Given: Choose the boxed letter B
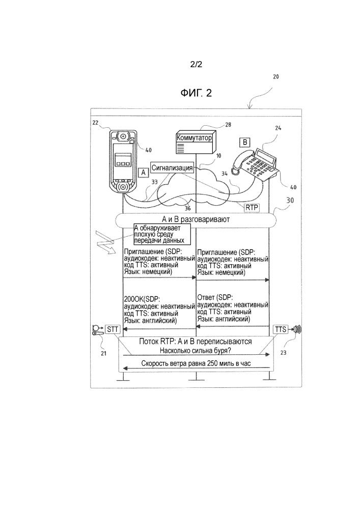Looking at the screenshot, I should pos(244,143).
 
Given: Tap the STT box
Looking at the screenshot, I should pos(112,330).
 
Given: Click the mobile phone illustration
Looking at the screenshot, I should pos(123,162).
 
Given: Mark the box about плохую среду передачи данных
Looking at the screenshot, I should pos(159,234).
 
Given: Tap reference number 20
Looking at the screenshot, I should pos(275,77).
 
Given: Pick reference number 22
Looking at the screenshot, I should pos(96,123).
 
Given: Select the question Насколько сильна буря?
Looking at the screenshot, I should pos(196,351).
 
